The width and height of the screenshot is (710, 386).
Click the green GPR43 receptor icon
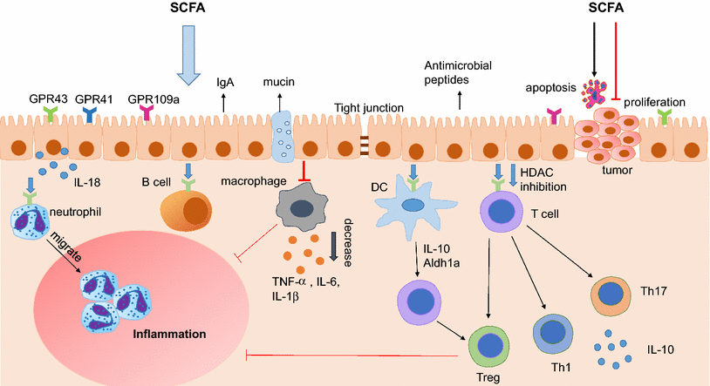[51, 112]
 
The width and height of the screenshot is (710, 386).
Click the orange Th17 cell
[615, 294]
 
